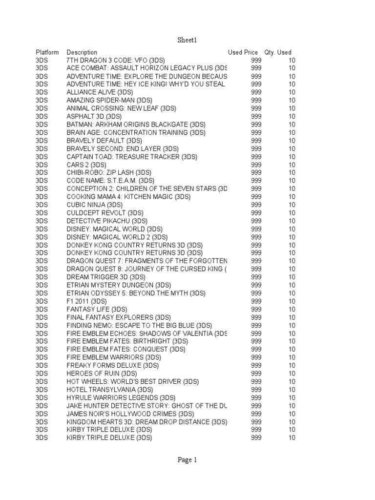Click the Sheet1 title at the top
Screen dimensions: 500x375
click(187, 39)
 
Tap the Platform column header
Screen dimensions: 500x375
click(47, 52)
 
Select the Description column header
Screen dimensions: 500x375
click(82, 52)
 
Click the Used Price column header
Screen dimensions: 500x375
click(243, 52)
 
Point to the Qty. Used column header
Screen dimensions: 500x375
click(278, 52)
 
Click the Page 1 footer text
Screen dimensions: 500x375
click(187, 459)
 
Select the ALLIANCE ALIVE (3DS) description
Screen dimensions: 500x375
click(98, 92)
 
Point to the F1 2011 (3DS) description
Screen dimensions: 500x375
click(86, 301)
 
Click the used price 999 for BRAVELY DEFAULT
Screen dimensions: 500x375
click(256, 141)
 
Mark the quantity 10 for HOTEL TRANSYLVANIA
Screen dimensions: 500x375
click(292, 390)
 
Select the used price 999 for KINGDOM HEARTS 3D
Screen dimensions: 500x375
click(256, 422)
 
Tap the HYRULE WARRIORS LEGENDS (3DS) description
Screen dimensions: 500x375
click(121, 397)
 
